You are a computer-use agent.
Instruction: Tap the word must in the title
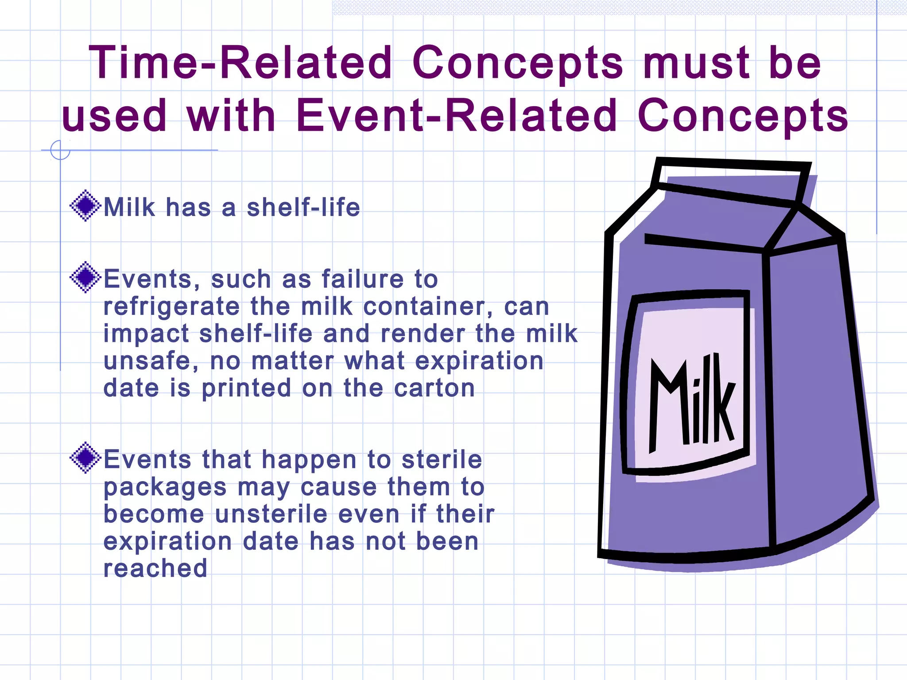tap(696, 63)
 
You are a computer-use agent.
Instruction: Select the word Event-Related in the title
tap(456, 116)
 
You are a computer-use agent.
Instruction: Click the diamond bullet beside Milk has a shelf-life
tap(85, 205)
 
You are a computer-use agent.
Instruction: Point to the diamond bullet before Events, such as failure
tap(85, 278)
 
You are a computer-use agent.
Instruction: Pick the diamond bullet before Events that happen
tap(85, 458)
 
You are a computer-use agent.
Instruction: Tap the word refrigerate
tap(171, 307)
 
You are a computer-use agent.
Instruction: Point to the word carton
tap(434, 388)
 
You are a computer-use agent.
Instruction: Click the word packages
tap(165, 488)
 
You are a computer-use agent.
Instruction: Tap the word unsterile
tap(271, 514)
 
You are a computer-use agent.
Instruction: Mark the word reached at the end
tap(155, 568)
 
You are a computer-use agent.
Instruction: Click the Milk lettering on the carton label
tap(691, 403)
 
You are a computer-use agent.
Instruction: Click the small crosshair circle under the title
tap(60, 150)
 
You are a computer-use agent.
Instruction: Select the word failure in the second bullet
tap(362, 279)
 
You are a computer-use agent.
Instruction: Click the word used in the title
tap(114, 116)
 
